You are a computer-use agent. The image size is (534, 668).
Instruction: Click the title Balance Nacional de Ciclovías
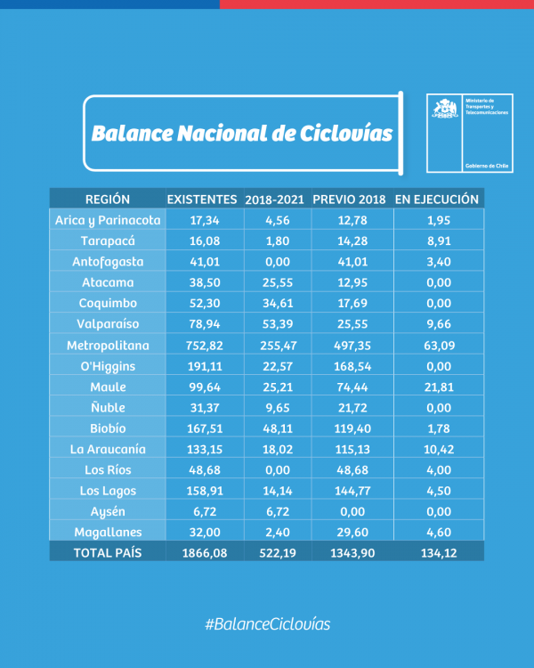click(x=241, y=134)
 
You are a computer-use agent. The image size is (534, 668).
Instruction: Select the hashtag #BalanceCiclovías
click(x=267, y=623)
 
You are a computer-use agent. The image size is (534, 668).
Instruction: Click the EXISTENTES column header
click(x=202, y=199)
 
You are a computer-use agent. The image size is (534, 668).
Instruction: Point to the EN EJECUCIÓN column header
click(x=437, y=199)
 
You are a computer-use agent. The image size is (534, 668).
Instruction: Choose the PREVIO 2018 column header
click(x=349, y=199)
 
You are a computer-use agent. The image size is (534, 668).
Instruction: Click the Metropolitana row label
click(x=108, y=345)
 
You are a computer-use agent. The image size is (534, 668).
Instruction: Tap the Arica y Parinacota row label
click(x=108, y=219)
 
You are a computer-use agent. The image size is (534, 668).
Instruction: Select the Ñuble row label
click(x=108, y=407)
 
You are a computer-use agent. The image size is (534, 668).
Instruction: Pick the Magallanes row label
click(x=108, y=532)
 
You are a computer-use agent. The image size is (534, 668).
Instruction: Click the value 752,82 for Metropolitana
click(x=202, y=345)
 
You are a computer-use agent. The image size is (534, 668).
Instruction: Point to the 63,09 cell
click(x=437, y=345)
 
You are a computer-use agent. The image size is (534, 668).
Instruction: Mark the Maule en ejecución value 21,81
click(x=437, y=387)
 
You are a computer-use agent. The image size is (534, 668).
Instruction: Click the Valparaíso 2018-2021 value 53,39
click(x=276, y=323)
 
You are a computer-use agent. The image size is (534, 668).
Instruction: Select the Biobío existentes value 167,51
click(x=202, y=428)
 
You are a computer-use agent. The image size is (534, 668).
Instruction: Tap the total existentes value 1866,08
click(x=202, y=552)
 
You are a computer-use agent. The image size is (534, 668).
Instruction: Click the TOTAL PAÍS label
click(x=108, y=552)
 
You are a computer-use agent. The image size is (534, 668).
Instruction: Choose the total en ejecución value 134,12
click(x=437, y=552)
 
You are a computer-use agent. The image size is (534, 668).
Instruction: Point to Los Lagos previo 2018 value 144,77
click(x=349, y=490)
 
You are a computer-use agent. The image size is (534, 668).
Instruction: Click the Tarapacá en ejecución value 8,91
click(x=437, y=240)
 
